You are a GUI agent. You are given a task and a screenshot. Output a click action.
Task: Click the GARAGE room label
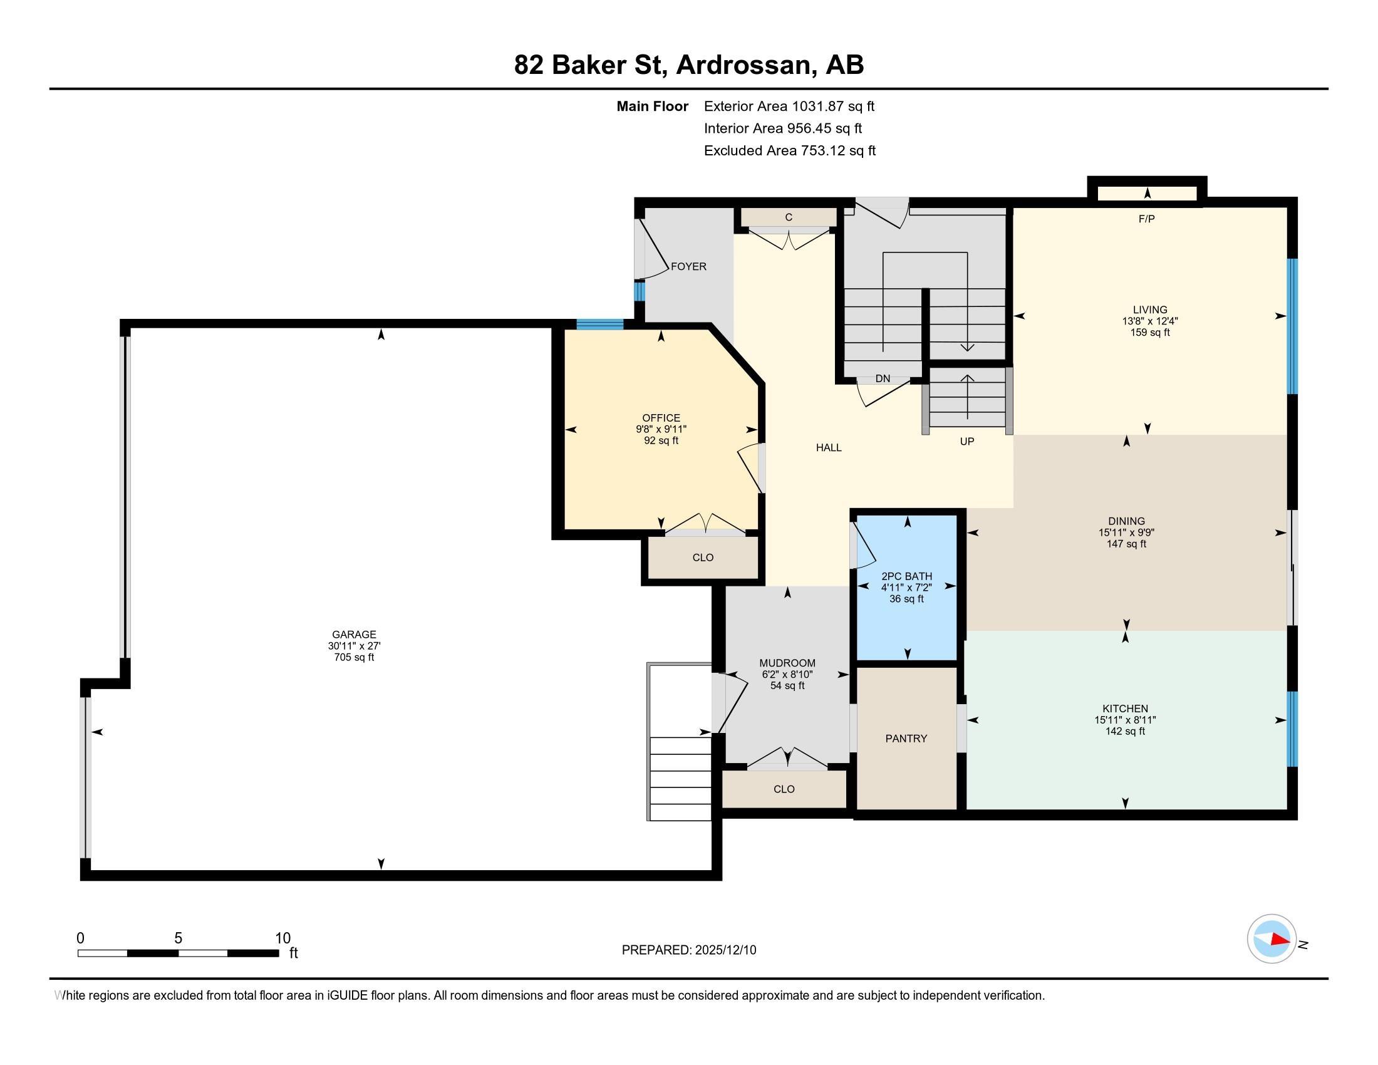(354, 634)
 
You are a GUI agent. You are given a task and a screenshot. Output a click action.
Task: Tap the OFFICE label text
(661, 418)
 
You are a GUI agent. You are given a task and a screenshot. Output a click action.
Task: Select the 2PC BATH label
(906, 576)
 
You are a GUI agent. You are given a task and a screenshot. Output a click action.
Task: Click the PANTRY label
(906, 738)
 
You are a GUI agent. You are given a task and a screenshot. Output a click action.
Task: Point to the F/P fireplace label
(1146, 219)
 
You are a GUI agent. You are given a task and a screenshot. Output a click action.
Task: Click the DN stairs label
(882, 378)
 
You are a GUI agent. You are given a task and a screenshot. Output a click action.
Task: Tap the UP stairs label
(966, 442)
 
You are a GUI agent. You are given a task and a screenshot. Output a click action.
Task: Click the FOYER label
(688, 266)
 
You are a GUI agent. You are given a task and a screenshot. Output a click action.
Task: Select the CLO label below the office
(702, 557)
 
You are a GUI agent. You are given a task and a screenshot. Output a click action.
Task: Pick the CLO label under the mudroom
(784, 789)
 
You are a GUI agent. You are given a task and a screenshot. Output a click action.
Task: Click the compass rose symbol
(1272, 939)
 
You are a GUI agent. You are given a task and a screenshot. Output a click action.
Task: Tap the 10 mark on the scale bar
(282, 938)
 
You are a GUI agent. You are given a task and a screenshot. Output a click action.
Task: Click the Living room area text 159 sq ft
(1149, 333)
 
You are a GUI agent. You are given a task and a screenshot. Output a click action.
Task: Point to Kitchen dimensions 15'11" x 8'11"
(1125, 720)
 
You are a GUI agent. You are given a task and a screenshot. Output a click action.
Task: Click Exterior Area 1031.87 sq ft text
(789, 106)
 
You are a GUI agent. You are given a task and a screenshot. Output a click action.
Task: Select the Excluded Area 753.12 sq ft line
(789, 150)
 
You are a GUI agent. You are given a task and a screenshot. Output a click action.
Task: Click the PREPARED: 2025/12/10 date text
(688, 950)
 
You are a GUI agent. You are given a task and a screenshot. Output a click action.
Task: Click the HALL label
(829, 447)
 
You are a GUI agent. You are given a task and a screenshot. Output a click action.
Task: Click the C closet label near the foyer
(788, 217)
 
